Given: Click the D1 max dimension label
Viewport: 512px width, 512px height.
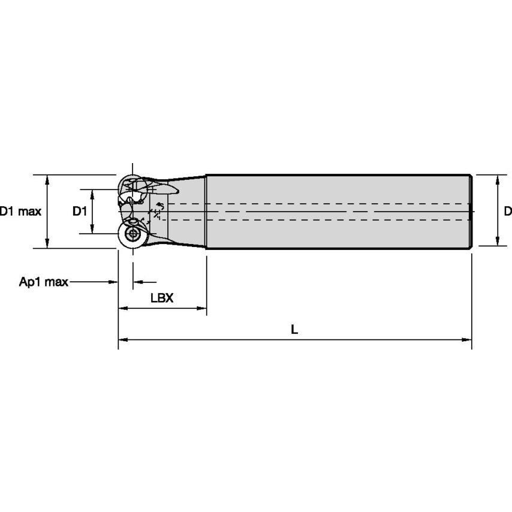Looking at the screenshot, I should [20, 211].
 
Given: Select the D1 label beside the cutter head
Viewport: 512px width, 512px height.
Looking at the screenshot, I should [80, 211].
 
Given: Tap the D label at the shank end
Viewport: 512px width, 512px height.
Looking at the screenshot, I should [507, 211].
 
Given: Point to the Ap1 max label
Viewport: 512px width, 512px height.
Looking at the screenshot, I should [44, 282].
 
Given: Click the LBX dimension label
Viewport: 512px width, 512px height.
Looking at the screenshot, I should [162, 298].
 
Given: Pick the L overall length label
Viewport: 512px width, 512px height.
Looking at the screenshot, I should [294, 329].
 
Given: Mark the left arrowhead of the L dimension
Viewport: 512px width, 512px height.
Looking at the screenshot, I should [122, 340].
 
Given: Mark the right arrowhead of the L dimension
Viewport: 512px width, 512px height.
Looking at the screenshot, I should [467, 340].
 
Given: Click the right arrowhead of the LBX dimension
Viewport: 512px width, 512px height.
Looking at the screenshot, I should [202, 309].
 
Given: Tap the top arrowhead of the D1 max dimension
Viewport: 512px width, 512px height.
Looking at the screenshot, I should [48, 179].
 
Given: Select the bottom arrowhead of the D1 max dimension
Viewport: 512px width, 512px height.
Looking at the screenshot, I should [48, 243].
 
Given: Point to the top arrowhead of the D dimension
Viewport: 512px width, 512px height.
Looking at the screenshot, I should [497, 179].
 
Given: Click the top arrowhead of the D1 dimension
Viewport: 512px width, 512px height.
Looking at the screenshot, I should [92, 193].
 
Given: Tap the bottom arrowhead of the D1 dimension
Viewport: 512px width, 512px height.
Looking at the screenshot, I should [92, 229].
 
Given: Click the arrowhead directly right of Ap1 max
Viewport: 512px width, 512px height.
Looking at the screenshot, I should [113, 282].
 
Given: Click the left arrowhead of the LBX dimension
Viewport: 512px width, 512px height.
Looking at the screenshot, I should [122, 309].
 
